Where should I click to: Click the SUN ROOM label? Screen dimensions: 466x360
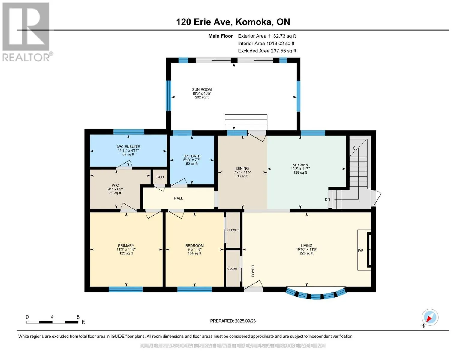[202, 89]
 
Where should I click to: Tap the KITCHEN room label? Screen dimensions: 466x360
[300, 165]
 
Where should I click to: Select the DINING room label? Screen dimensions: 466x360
[242, 168]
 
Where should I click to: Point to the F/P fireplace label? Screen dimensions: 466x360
[360, 250]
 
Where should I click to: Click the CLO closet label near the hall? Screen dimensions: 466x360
[160, 177]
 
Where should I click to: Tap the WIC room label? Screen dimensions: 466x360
[115, 185]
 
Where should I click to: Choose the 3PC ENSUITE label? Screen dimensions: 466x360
[128, 146]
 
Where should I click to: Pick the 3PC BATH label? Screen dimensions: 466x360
[192, 156]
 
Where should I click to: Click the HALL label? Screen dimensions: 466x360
[178, 198]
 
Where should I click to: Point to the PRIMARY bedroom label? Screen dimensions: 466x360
[126, 245]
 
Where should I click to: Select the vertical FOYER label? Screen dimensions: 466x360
[253, 271]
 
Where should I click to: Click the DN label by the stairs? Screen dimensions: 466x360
[327, 199]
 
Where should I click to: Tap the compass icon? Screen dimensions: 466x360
[430, 317]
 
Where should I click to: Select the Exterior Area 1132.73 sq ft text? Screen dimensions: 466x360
[267, 36]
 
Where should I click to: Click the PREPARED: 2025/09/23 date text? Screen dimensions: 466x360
[233, 321]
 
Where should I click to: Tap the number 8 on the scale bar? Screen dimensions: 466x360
[78, 317]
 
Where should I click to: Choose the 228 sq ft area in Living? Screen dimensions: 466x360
[306, 253]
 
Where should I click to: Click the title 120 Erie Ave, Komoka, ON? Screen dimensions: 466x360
[233, 22]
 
